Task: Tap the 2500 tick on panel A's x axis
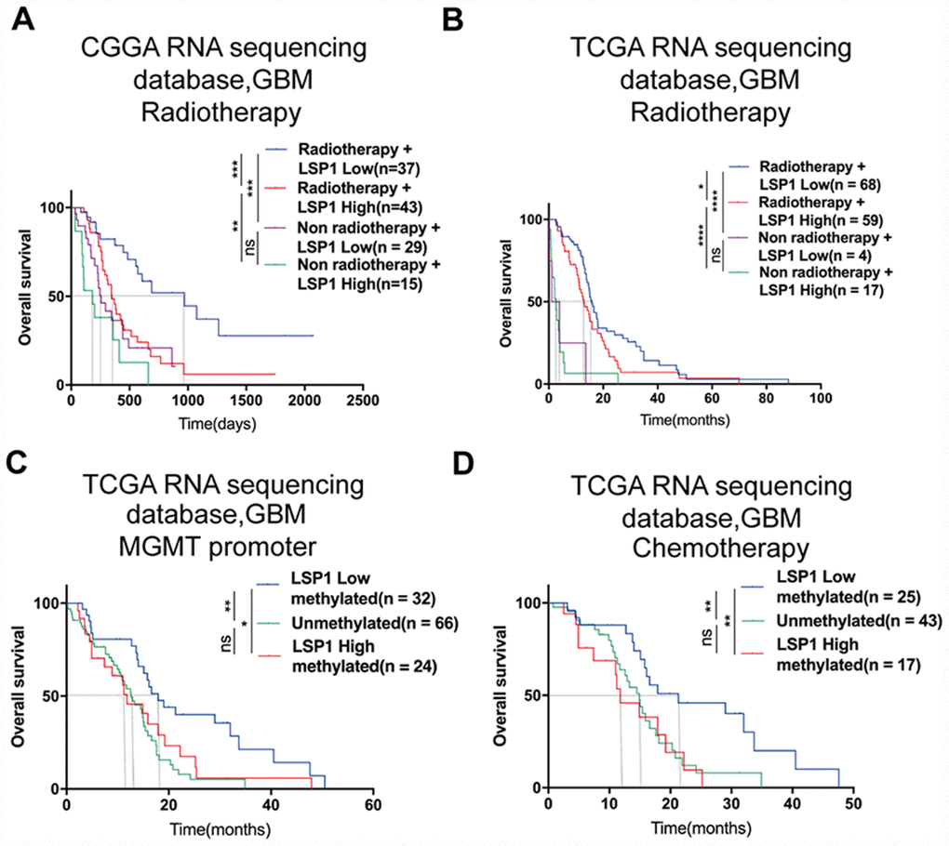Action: pyautogui.click(x=362, y=402)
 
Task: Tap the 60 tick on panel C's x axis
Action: pyautogui.click(x=373, y=804)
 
